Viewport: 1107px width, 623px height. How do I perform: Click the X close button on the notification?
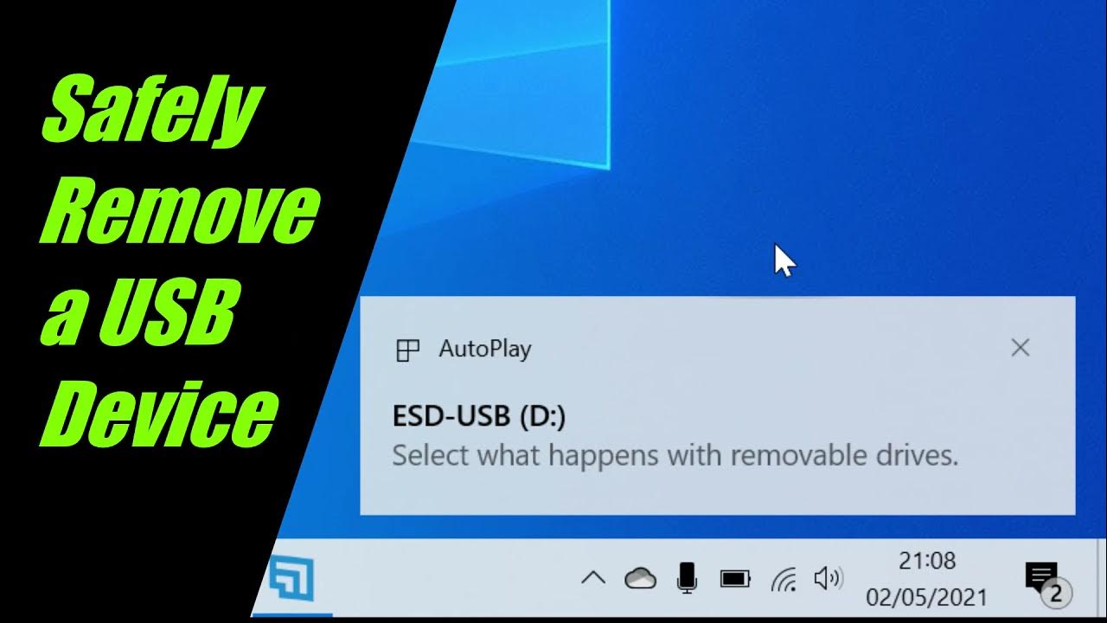[1021, 348]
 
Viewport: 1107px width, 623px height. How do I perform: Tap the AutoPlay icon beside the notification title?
[407, 350]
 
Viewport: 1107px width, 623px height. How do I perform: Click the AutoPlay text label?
[484, 349]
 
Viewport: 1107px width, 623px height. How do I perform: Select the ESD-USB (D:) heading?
[478, 417]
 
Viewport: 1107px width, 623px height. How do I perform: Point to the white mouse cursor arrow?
[782, 258]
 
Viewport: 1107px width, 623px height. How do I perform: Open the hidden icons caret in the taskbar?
[592, 578]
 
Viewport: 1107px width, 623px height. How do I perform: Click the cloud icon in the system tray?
[640, 578]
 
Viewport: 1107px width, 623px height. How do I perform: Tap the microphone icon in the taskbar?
[688, 577]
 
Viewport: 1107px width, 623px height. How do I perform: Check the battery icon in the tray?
[735, 578]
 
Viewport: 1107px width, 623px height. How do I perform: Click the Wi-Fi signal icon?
[784, 578]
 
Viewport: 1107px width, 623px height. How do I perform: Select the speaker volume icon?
[829, 578]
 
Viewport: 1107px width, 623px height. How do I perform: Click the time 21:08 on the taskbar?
[927, 561]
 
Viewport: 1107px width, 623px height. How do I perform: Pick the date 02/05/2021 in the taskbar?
[926, 597]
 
